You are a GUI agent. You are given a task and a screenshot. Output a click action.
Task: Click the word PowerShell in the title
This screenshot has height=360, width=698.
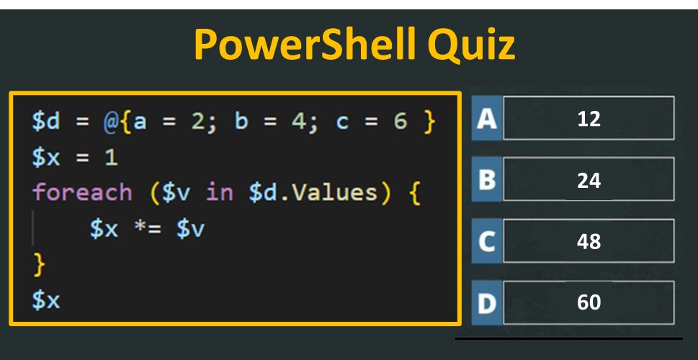303,45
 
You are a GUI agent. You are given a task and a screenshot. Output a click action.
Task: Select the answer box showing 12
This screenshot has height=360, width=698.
589,118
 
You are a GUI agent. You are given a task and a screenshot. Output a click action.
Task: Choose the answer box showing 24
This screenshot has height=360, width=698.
589,180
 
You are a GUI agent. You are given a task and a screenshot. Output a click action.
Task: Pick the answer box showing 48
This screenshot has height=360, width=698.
589,241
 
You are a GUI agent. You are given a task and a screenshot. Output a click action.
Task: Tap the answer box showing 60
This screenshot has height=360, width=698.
589,302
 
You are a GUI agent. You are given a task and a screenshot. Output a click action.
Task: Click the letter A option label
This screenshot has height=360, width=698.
487,118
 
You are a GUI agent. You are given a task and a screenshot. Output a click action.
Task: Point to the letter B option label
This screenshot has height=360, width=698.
487,180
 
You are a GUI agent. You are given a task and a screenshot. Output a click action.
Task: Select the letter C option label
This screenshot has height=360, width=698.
487,242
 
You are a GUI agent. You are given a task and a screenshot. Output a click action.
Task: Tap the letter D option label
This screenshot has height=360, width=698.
487,303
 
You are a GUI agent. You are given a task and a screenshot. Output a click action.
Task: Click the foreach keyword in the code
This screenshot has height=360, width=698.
82,193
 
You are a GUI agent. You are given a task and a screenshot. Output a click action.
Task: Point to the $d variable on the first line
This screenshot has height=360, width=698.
46,122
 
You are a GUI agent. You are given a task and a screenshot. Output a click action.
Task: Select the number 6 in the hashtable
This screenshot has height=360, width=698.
400,122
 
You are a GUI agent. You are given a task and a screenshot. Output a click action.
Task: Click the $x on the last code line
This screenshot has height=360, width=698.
46,300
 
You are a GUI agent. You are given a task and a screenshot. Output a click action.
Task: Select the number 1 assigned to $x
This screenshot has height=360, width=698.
111,158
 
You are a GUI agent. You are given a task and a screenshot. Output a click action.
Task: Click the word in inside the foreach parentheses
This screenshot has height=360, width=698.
220,193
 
